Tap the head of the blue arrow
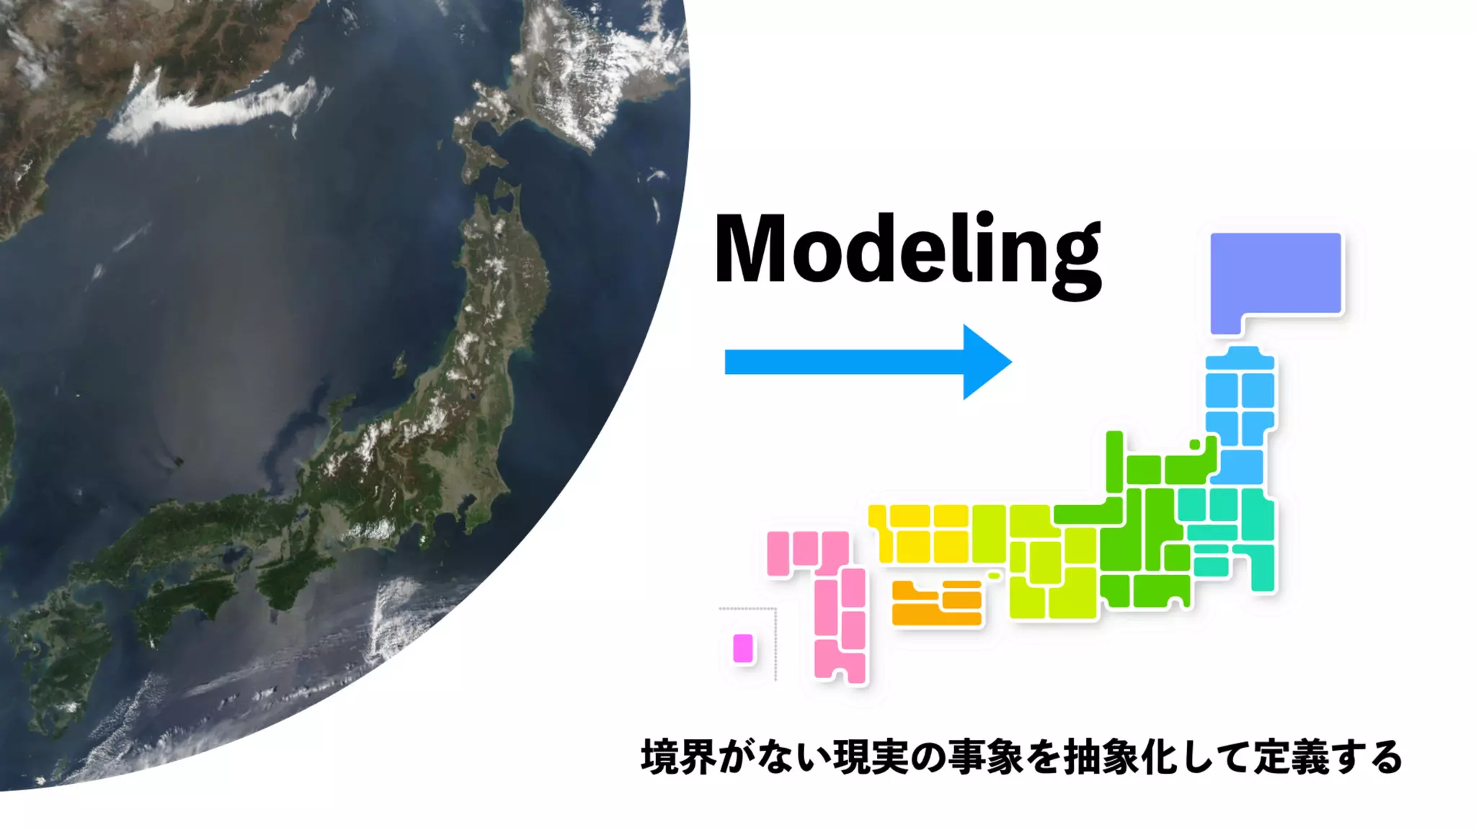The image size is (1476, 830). click(x=987, y=362)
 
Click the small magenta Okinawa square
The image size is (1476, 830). click(x=743, y=648)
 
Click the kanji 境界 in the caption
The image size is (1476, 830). click(x=678, y=757)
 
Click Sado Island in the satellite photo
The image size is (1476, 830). click(x=399, y=365)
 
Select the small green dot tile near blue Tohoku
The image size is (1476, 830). click(x=1194, y=445)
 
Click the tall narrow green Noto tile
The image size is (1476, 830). click(x=1114, y=461)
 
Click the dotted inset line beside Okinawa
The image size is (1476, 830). click(x=775, y=645)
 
